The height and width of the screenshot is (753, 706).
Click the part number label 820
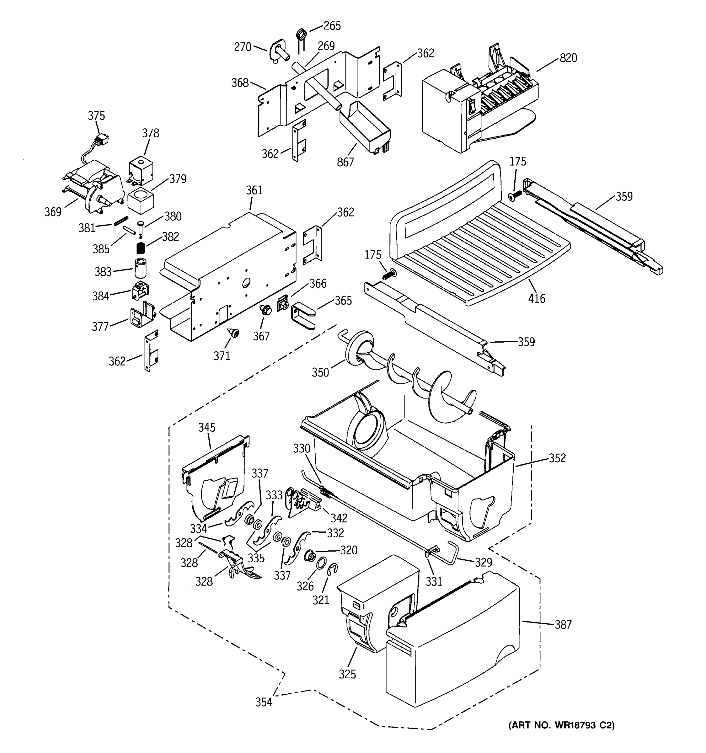point(568,58)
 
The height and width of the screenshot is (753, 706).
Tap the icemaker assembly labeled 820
point(477,106)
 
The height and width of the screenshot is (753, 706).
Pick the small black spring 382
point(141,248)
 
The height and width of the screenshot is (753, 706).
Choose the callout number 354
point(264,702)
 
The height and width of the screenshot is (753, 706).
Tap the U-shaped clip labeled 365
point(303,315)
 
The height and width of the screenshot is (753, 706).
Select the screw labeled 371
point(234,333)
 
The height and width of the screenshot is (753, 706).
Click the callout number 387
point(563,624)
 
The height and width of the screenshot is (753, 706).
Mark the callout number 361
point(254,190)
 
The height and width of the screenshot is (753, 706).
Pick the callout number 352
point(558,458)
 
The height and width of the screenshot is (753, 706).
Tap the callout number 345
point(207,427)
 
